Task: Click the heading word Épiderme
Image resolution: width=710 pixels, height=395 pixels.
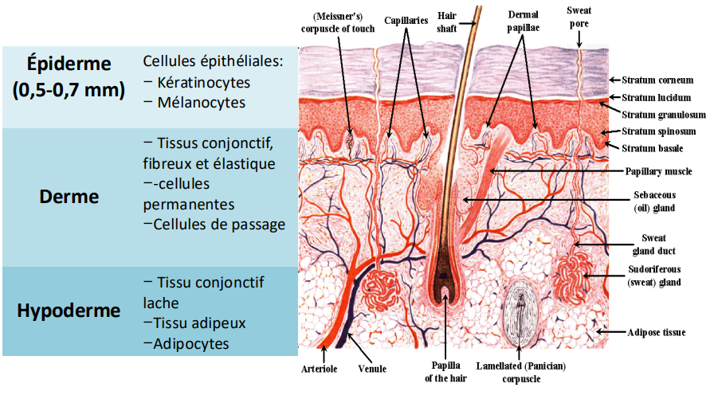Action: [x=69, y=63]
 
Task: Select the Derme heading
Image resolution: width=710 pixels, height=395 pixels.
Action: [x=69, y=196]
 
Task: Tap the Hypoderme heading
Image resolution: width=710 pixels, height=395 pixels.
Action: [x=69, y=310]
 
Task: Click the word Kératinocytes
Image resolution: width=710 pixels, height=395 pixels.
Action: [x=203, y=82]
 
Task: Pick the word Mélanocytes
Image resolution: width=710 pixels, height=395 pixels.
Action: [x=200, y=102]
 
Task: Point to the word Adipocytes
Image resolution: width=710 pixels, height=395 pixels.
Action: [x=192, y=343]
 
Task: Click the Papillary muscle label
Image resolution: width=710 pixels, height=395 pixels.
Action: [x=657, y=171]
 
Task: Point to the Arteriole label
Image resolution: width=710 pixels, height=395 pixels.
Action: [x=320, y=369]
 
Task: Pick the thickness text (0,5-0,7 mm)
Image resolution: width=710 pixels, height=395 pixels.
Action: [x=69, y=90]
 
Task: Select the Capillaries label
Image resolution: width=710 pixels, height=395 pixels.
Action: [x=406, y=20]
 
